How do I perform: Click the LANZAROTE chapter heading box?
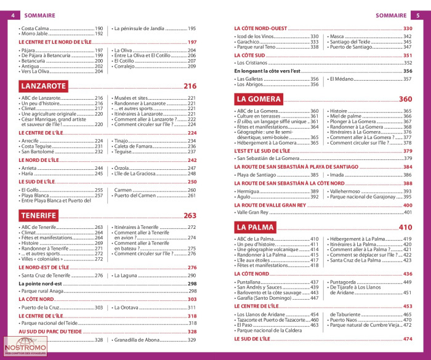click(42, 86)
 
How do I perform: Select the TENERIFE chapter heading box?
click(39, 215)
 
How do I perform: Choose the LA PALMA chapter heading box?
click(255, 227)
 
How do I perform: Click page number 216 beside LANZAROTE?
click(190, 87)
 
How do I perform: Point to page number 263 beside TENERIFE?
click(190, 216)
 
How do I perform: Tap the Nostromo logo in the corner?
click(25, 346)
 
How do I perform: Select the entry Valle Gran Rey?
click(252, 212)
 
